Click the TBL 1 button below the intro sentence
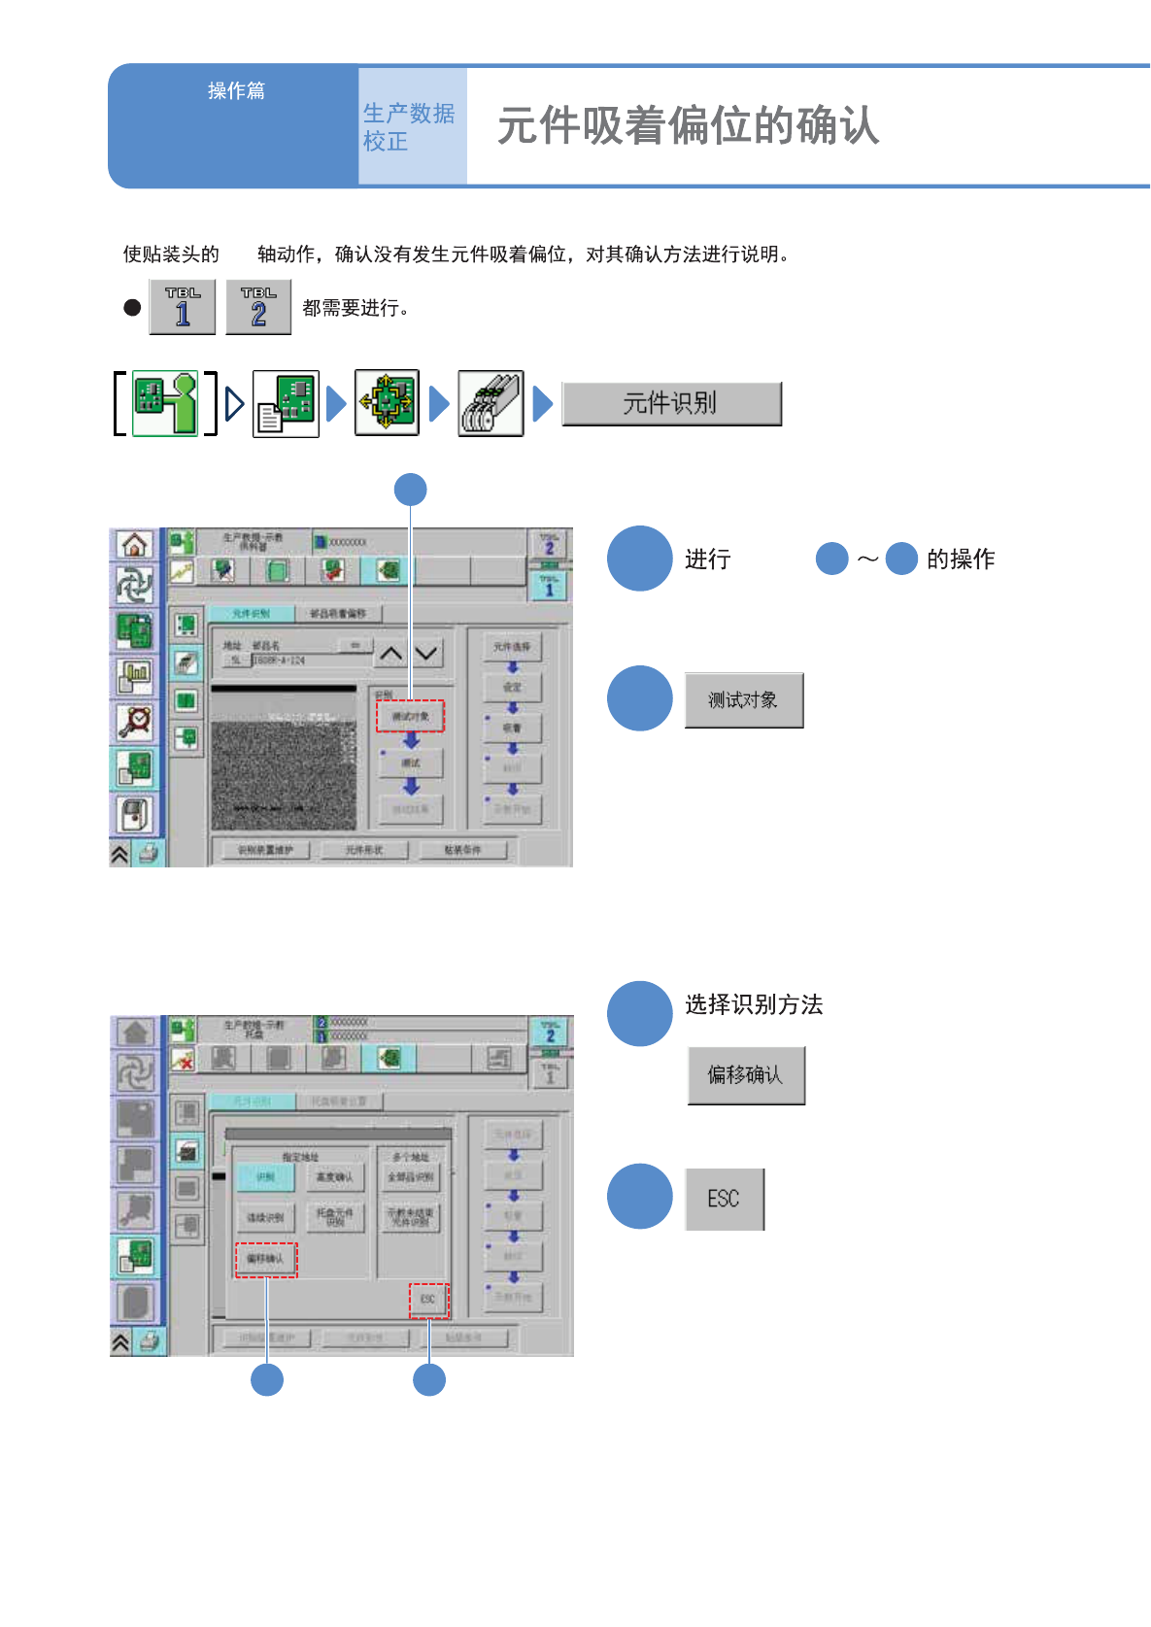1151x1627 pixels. [183, 307]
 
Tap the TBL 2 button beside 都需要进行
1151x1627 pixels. [258, 307]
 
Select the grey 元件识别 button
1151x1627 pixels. [671, 403]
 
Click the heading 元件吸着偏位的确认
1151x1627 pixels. [688, 126]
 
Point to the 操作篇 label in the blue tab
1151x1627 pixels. [236, 90]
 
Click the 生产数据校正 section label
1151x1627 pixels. [409, 127]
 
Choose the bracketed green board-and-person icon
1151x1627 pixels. [165, 403]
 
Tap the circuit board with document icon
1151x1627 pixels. [286, 403]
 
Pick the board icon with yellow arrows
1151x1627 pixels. [387, 403]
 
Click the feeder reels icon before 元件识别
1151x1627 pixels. [491, 403]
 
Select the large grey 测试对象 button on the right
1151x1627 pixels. [743, 700]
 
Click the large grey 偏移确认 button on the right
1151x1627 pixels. [745, 1075]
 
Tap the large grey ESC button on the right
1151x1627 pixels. [725, 1199]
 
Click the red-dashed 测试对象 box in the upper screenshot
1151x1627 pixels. [410, 716]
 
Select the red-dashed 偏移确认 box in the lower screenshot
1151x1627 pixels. [265, 1259]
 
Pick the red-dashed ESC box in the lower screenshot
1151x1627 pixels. [428, 1300]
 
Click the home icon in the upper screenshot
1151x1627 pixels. [135, 545]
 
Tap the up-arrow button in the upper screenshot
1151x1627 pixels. [391, 654]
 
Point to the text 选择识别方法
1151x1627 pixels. [754, 1004]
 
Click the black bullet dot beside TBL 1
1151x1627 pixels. [132, 308]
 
